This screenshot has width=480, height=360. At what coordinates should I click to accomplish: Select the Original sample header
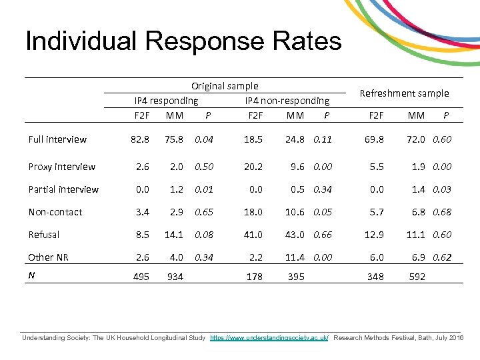(225, 86)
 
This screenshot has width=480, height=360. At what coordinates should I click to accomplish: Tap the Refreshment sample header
(404, 93)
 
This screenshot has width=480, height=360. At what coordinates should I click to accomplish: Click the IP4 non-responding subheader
(287, 101)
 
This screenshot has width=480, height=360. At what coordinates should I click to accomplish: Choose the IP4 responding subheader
(166, 101)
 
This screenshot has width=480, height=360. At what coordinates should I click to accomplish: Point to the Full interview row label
(57, 139)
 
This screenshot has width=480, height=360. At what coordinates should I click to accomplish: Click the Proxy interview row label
(61, 167)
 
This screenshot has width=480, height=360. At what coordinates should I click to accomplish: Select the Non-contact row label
(55, 212)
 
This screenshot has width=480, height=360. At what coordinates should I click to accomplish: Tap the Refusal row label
(44, 235)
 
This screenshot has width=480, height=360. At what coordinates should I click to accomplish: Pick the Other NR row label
(48, 257)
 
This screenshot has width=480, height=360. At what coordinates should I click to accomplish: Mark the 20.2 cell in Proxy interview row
(254, 167)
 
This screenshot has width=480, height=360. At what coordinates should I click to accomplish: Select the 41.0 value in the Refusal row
(254, 235)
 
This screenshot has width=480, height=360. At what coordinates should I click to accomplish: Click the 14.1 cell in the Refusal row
(175, 235)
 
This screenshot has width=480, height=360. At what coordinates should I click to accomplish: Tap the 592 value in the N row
(417, 276)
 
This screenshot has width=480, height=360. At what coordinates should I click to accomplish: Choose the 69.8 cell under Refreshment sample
(375, 139)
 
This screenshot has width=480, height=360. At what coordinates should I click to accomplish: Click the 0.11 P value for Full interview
(323, 139)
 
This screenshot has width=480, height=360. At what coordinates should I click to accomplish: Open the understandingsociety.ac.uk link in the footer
(269, 339)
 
